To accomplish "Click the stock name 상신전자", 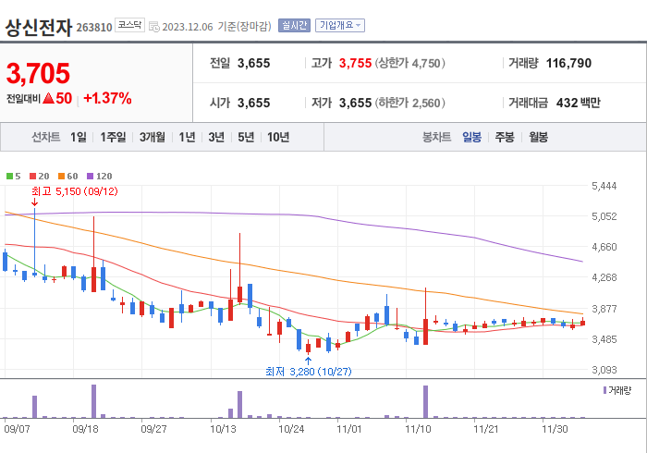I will (x=39, y=26).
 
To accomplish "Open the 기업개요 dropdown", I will (x=340, y=26).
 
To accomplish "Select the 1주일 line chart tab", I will (x=113, y=137).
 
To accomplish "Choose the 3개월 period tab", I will (x=153, y=137).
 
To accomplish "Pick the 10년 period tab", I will (x=277, y=137).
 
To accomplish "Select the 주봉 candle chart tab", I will (x=504, y=137).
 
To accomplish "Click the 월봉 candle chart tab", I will (x=538, y=137).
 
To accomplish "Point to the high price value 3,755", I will (x=355, y=64).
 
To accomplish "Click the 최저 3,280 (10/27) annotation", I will (x=308, y=372).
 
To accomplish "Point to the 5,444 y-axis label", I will (x=603, y=187).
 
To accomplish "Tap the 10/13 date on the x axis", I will (x=224, y=429).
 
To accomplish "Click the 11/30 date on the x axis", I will (x=555, y=429).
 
